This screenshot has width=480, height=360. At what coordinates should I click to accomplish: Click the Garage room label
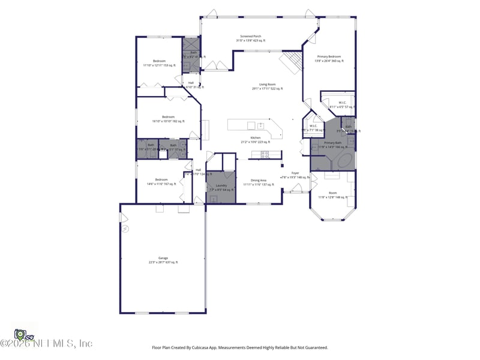pyautogui.click(x=163, y=260)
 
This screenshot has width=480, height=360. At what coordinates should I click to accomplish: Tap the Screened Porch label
pyautogui.click(x=250, y=38)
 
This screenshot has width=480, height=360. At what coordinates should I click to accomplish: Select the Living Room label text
pyautogui.click(x=267, y=86)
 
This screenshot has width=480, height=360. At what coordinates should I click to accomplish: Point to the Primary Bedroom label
pyautogui.click(x=329, y=58)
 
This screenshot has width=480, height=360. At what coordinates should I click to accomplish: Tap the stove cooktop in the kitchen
pyautogui.click(x=259, y=155)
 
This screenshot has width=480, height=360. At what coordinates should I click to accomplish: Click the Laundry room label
pyautogui.click(x=221, y=187)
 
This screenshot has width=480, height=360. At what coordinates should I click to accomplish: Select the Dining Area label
pyautogui.click(x=259, y=182)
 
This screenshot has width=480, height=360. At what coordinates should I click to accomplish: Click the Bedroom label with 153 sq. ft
pyautogui.click(x=159, y=62)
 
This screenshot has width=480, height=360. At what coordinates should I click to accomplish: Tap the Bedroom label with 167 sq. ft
pyautogui.click(x=161, y=181)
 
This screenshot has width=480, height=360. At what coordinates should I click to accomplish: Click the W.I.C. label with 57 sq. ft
pyautogui.click(x=342, y=104)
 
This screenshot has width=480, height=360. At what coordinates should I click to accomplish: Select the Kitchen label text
pyautogui.click(x=255, y=140)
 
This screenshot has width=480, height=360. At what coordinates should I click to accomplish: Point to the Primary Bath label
pyautogui.click(x=332, y=144)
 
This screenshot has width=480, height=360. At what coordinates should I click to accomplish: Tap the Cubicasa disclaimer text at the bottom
pyautogui.click(x=240, y=347)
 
